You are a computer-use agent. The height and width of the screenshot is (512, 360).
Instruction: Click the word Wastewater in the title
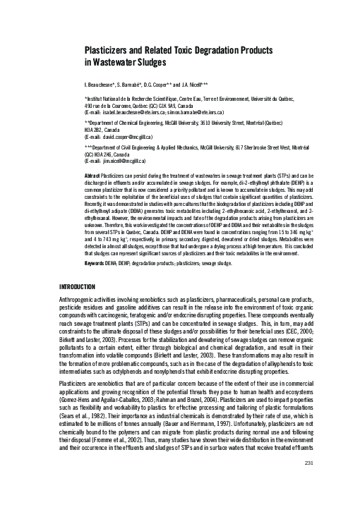[114, 62]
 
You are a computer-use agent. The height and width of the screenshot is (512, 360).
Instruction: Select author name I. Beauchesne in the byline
[103, 83]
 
